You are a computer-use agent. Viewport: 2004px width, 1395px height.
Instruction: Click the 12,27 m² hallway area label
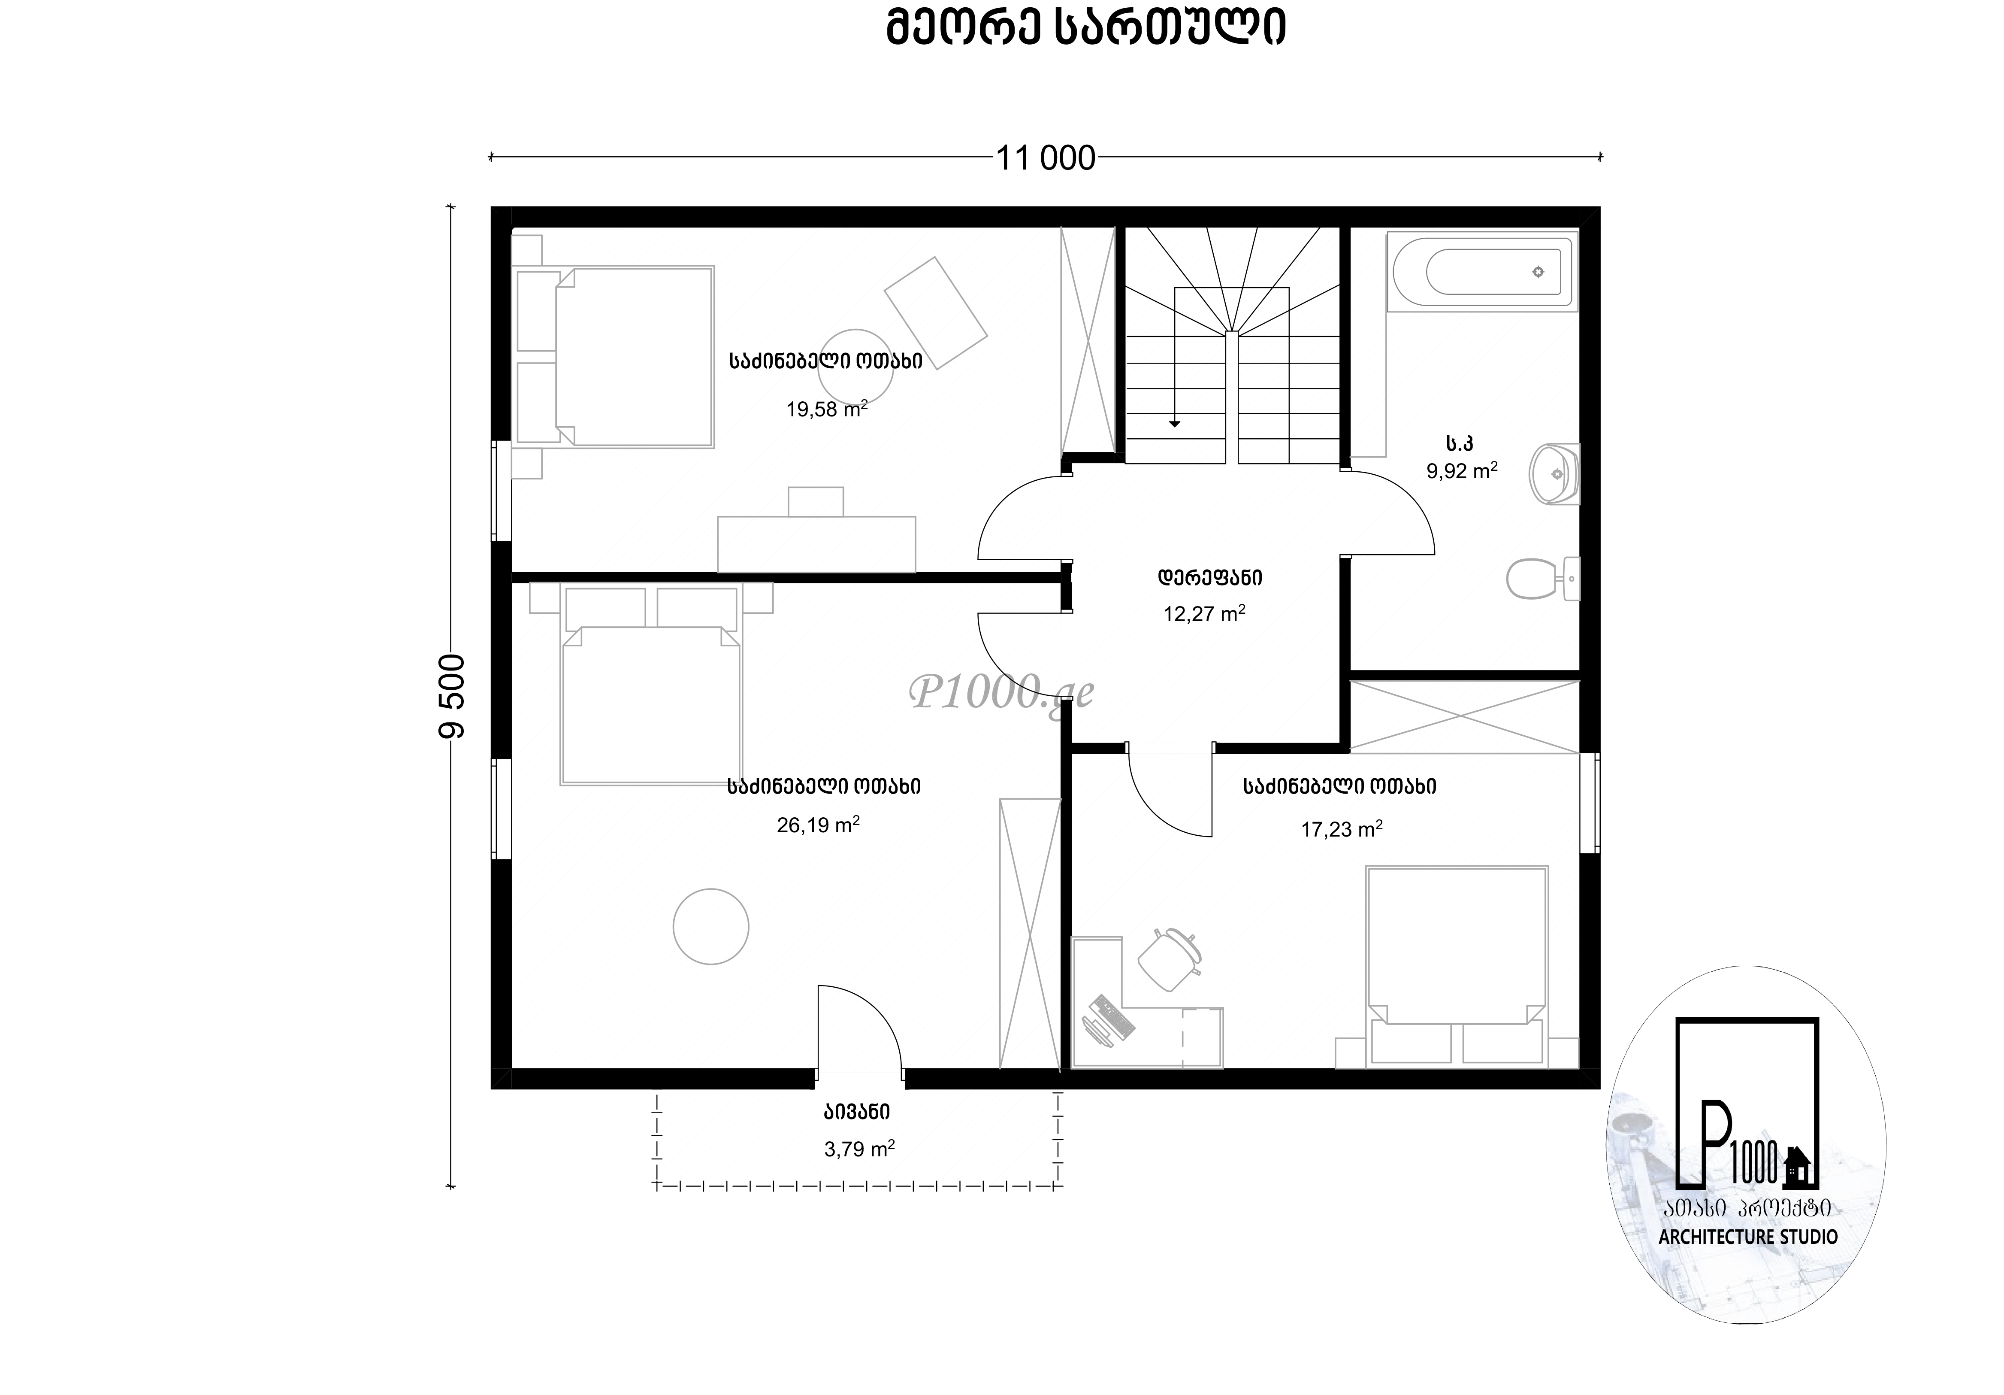[1203, 613]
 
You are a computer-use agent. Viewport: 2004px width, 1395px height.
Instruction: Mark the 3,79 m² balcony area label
[859, 1149]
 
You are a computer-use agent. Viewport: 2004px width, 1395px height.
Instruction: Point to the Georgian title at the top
[1086, 29]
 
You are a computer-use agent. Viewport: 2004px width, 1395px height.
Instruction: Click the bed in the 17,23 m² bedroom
[1457, 966]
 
